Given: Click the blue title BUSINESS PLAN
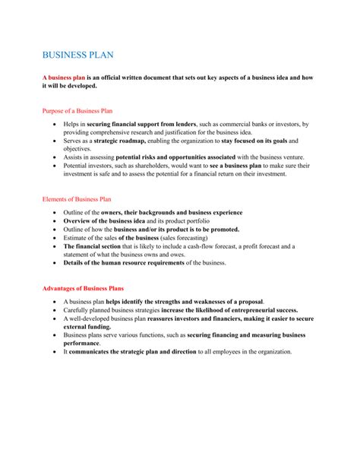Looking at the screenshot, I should tap(77, 55).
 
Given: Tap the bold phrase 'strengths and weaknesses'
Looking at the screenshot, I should tap(191, 302).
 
